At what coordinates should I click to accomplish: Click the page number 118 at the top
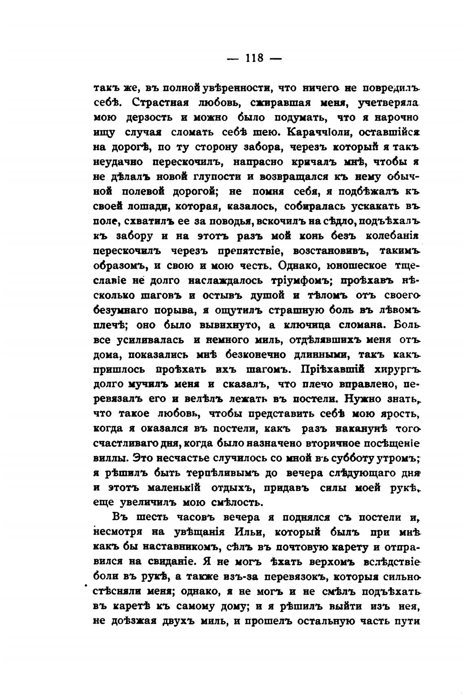tap(255, 58)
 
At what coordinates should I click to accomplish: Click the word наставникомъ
tap(165, 547)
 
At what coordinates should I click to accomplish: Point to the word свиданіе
tap(169, 562)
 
